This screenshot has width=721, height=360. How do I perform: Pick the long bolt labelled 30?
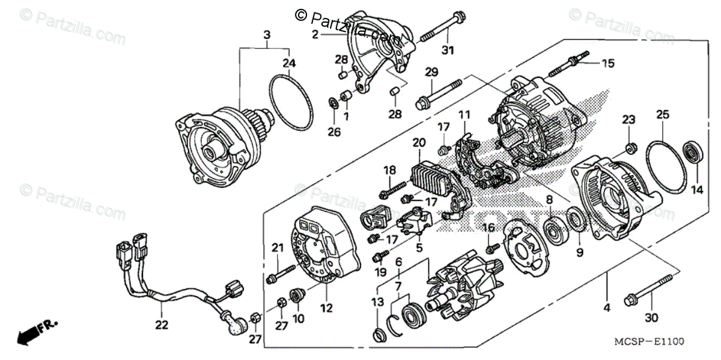648,290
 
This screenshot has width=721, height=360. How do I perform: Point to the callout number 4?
606,308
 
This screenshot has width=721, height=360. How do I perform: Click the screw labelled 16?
490,246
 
